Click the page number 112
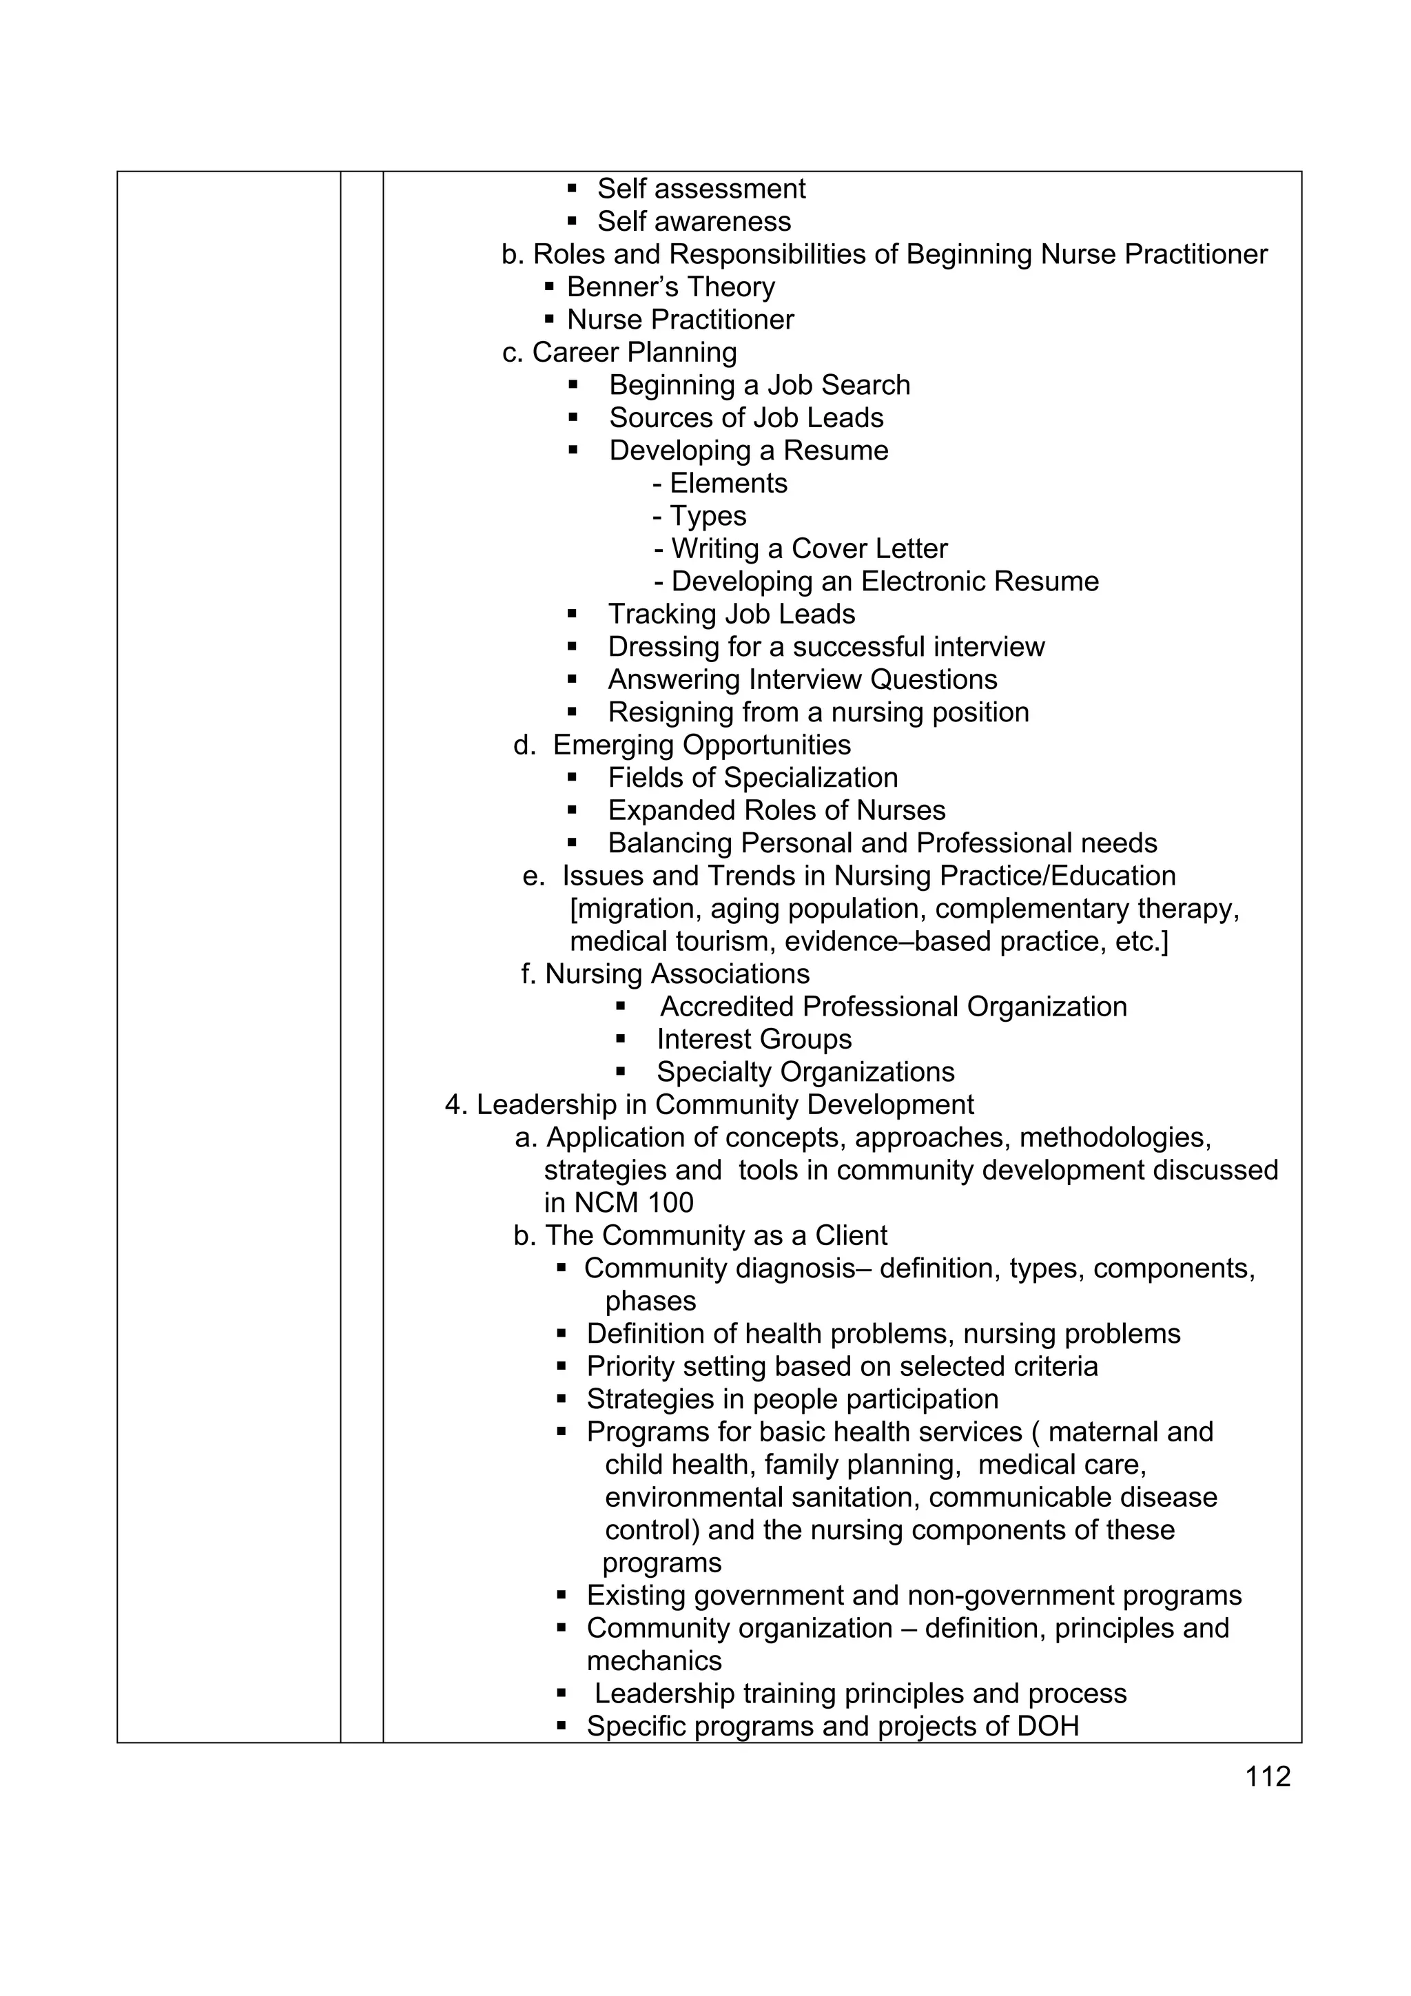(1268, 1777)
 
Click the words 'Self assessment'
(701, 189)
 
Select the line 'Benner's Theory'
(670, 287)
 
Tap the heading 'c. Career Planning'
(619, 352)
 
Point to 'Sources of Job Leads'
(746, 418)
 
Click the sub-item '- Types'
(699, 516)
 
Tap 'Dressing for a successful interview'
(826, 647)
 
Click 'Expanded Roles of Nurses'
(776, 810)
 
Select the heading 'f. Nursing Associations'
(665, 974)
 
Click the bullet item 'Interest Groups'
(754, 1040)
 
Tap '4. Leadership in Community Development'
(710, 1105)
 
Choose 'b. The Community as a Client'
(700, 1235)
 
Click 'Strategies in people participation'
(792, 1399)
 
